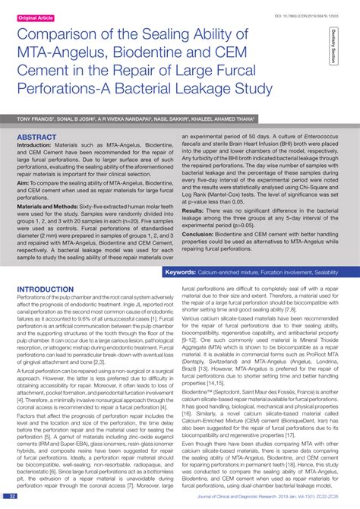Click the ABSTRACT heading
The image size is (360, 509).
pyautogui.click(x=36, y=138)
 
